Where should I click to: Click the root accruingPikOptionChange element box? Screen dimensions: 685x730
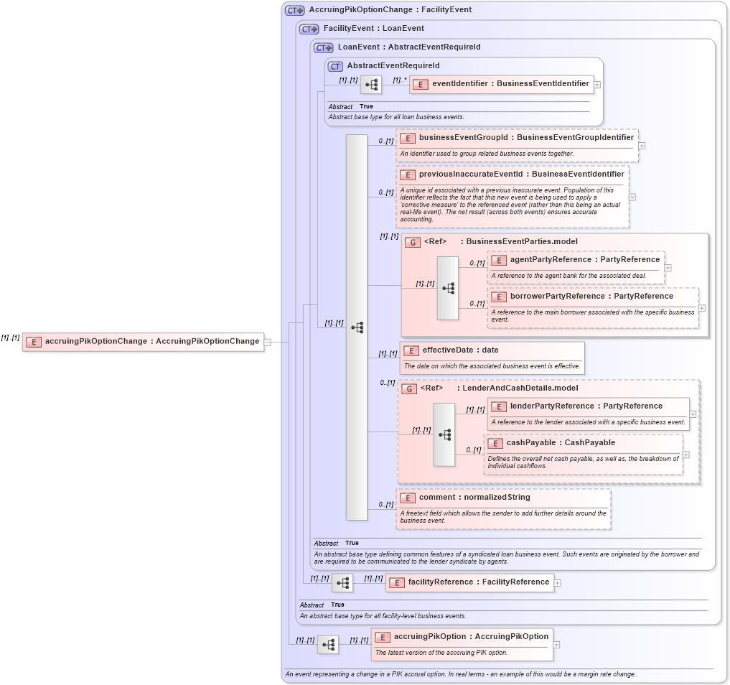tap(143, 342)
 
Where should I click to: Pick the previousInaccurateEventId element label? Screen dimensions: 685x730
tap(513, 174)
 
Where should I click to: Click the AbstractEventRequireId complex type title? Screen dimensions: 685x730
tap(393, 66)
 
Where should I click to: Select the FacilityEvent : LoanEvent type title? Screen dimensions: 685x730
tap(373, 29)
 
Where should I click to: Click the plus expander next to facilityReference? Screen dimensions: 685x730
tap(558, 582)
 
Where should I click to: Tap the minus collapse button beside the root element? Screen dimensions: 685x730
tap(267, 342)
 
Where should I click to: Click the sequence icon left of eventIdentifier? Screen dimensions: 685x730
tap(370, 85)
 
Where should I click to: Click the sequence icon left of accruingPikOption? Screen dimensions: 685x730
tap(328, 645)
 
